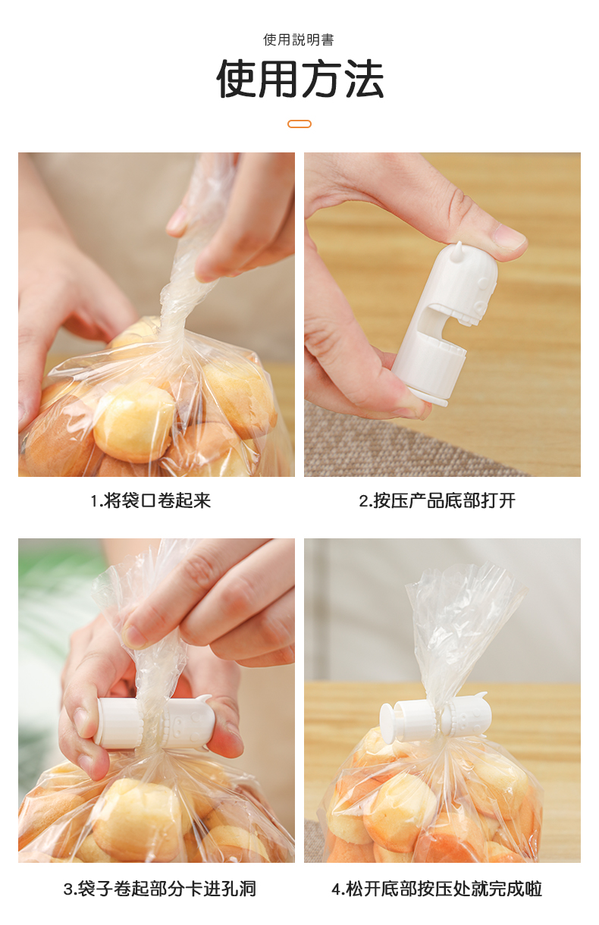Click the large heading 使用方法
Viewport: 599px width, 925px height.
[300, 78]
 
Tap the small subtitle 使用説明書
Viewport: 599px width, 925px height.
[299, 39]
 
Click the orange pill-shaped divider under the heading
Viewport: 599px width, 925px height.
[299, 124]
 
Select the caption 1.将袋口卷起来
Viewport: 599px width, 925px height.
[151, 500]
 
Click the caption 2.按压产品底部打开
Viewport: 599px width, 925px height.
[437, 500]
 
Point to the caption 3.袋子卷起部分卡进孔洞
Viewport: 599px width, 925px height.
[160, 889]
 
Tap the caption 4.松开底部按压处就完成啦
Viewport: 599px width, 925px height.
[437, 889]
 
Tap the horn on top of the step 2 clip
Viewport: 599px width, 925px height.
[457, 251]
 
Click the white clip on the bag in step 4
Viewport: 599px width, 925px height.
[435, 718]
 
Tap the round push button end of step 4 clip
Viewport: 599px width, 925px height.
[388, 720]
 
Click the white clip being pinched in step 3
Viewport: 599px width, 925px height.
[153, 722]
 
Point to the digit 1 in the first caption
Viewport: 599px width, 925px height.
[94, 501]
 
